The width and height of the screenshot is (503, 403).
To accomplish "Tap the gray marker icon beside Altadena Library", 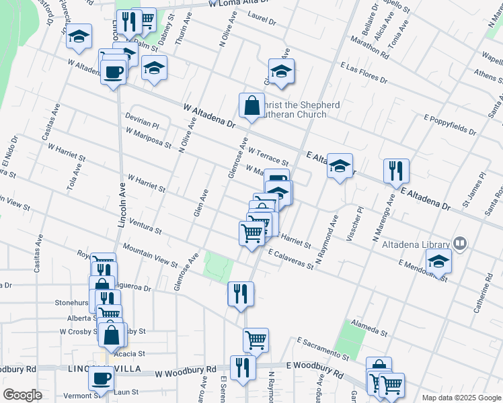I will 461,243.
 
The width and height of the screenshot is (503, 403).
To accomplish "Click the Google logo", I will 22,395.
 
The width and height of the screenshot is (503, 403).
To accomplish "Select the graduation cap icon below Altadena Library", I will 438,261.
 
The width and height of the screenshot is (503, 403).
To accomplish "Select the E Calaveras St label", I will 291,260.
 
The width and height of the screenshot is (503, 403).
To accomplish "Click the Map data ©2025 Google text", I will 461,398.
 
